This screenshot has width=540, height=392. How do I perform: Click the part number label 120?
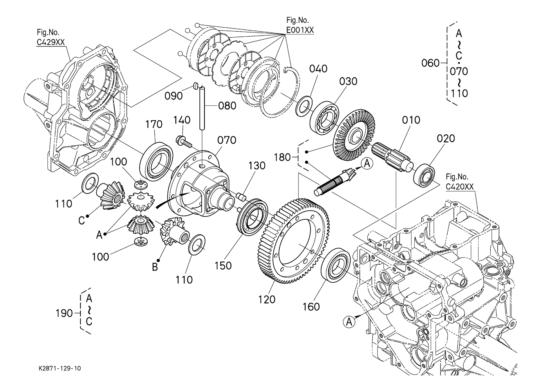267,299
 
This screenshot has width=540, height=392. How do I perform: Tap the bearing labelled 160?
336,264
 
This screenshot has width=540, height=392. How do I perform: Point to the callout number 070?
227,140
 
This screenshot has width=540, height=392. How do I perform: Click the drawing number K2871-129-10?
60,369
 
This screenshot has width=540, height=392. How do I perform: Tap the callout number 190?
64,313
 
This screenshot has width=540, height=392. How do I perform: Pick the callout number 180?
282,157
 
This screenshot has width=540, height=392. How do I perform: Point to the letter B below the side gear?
155,267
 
